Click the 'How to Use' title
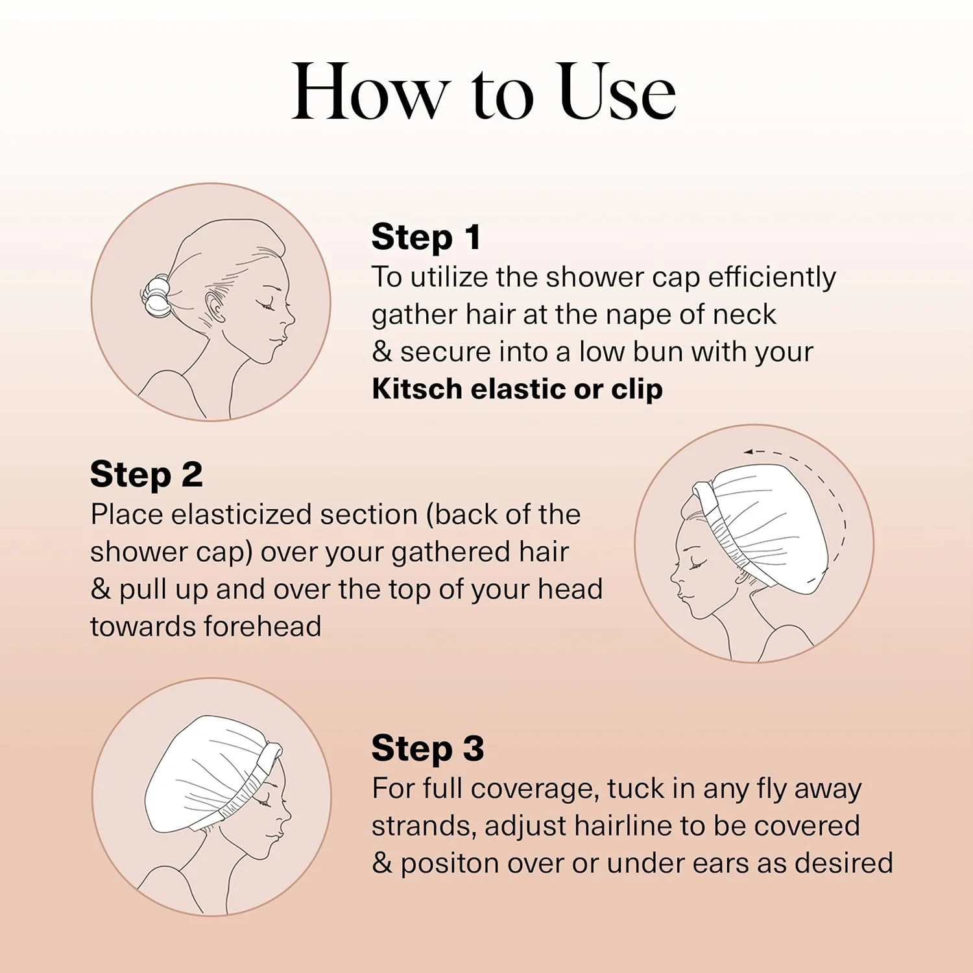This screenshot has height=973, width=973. [x=483, y=92]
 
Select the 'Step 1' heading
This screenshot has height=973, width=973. [x=426, y=237]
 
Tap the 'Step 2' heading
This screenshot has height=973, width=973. [x=146, y=474]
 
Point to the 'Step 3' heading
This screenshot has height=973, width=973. [x=427, y=748]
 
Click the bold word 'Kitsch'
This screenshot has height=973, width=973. [x=417, y=389]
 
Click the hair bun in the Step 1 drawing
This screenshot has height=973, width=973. [x=156, y=296]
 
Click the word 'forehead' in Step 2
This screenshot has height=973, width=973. [x=263, y=627]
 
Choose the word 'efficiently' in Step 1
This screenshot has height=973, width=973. [x=771, y=278]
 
